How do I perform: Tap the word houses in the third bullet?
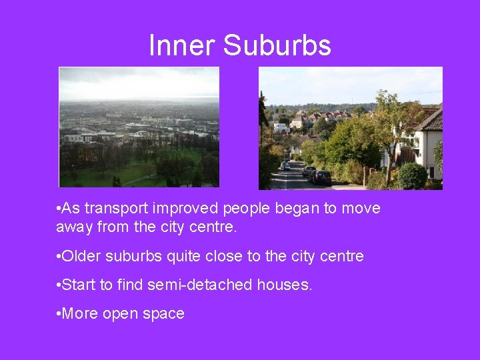click(285, 285)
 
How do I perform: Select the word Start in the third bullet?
click(79, 285)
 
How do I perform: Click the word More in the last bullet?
click(80, 313)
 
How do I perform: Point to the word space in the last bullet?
click(164, 313)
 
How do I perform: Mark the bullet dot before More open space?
click(59, 313)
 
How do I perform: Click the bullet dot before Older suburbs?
click(59, 256)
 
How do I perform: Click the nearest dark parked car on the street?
click(321, 177)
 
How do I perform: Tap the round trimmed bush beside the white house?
click(413, 176)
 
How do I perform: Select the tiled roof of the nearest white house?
click(429, 121)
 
